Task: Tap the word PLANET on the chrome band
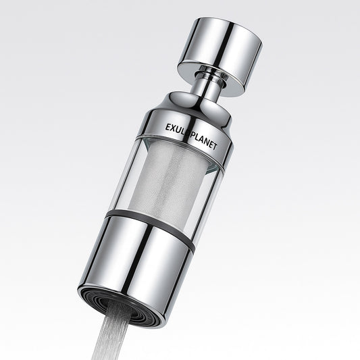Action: [x=205, y=136]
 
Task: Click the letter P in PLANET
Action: [x=194, y=132]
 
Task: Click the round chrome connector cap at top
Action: [x=220, y=49]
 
